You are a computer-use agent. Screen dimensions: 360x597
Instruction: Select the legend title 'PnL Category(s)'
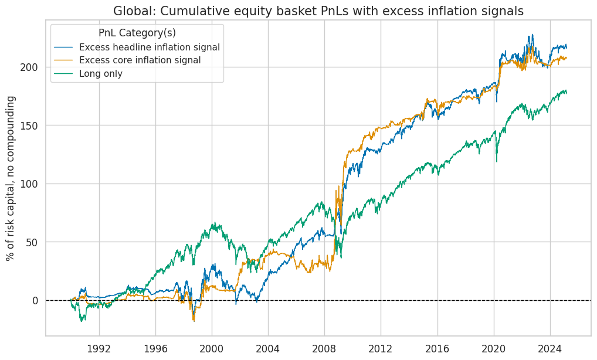pyautogui.click(x=137, y=33)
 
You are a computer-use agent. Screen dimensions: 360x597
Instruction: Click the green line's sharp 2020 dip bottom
pyautogui.click(x=497, y=162)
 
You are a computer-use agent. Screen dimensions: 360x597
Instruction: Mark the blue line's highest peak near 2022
pyautogui.click(x=532, y=35)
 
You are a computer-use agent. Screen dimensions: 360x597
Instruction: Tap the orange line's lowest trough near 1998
pyautogui.click(x=194, y=321)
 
